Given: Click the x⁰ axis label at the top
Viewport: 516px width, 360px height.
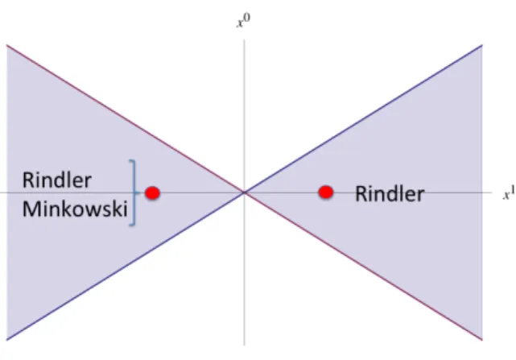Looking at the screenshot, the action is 244,22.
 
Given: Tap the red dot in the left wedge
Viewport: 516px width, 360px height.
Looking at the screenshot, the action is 152,193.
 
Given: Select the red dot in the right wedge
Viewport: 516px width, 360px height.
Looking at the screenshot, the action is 326,192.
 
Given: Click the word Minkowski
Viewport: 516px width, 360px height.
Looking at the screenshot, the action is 75,209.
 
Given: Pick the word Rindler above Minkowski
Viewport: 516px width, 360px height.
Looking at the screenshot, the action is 56,180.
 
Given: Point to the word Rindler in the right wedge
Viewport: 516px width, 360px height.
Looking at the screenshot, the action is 390,193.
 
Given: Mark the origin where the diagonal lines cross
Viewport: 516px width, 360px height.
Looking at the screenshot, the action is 244,192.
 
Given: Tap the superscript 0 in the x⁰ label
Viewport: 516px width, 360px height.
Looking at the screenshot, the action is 247,18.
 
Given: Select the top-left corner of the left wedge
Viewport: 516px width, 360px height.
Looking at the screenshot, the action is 7,45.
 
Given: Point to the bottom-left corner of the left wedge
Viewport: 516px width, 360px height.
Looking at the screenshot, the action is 7,340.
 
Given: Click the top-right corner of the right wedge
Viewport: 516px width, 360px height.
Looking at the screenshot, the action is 482,45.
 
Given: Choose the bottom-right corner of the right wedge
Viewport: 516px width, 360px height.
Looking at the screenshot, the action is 482,340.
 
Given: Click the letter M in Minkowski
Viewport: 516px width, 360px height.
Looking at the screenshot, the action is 30,209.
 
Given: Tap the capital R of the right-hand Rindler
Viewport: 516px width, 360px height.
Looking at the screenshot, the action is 361,193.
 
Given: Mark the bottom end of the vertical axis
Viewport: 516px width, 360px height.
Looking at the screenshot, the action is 244,346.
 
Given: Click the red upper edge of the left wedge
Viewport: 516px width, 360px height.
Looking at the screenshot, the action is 126,118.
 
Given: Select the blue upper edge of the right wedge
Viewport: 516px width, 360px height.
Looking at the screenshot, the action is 363,118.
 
